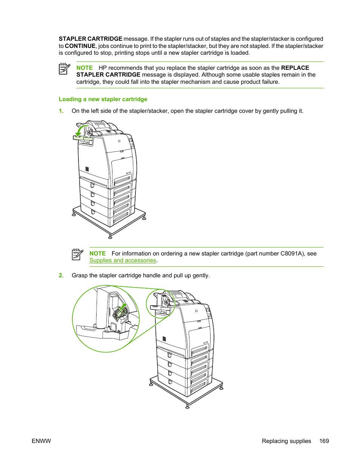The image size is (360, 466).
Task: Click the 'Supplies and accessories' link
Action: pos(123,260)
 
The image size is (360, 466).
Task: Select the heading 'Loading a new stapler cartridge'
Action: pos(103,99)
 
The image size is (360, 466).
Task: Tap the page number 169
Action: pos(324,441)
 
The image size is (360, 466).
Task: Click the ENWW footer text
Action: pos(41,441)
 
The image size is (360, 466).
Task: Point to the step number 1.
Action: pos(61,111)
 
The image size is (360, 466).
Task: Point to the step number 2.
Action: pos(61,275)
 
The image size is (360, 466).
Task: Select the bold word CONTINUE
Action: pos(80,46)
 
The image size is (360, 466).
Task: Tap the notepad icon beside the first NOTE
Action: pos(65,69)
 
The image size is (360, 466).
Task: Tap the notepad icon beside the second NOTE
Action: pos(77,254)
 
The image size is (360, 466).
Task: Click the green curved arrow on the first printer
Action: pos(80,131)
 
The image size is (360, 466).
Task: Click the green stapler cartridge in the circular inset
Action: pos(120,312)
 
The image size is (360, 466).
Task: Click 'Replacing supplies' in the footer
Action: pos(286,441)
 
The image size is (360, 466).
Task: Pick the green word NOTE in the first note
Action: pos(85,68)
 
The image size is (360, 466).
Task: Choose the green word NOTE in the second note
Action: pos(97,254)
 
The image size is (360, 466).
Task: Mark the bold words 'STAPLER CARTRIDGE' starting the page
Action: pos(91,39)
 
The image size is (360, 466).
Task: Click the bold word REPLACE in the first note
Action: pos(295,68)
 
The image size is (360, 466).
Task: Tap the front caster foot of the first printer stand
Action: pos(110,237)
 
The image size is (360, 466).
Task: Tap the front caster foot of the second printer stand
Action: pos(188,406)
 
